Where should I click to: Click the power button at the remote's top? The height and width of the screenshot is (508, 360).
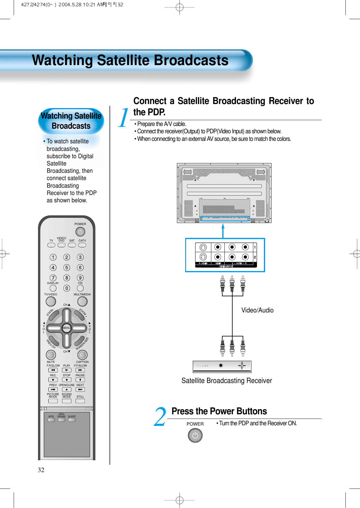[80, 232]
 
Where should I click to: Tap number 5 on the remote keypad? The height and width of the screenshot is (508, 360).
[67, 268]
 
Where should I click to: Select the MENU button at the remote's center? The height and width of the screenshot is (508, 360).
[67, 328]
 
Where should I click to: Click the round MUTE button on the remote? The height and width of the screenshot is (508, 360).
[51, 355]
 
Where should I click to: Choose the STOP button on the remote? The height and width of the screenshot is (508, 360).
[67, 380]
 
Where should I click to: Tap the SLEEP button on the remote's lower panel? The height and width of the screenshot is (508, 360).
[72, 420]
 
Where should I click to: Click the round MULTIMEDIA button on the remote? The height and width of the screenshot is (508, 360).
[82, 301]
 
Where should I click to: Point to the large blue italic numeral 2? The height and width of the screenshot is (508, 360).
[160, 417]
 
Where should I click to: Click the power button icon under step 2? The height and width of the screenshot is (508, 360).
[195, 435]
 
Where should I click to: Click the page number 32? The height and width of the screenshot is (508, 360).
[41, 470]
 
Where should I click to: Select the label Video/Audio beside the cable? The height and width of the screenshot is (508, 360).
[257, 310]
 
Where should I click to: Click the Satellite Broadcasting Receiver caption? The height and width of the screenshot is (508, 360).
[227, 381]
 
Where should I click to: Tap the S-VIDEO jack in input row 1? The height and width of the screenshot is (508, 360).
[203, 247]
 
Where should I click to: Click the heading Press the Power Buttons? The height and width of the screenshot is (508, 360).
[219, 411]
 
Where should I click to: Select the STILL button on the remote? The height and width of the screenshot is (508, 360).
[80, 401]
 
